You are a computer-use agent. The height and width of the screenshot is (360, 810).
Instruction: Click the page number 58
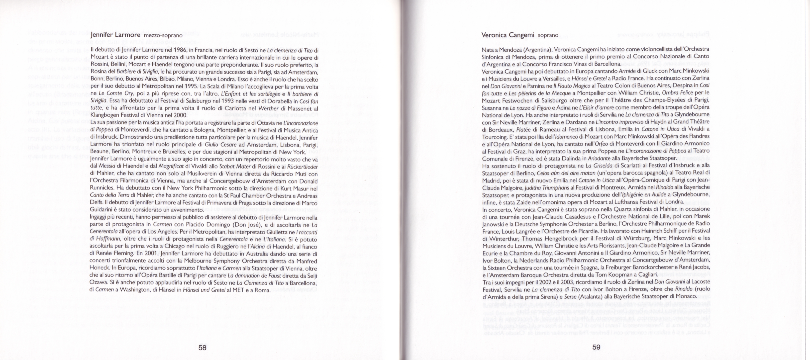[202, 348]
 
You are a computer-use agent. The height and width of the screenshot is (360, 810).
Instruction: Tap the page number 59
[596, 347]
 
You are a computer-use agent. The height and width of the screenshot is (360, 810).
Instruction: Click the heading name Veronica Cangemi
[508, 35]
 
